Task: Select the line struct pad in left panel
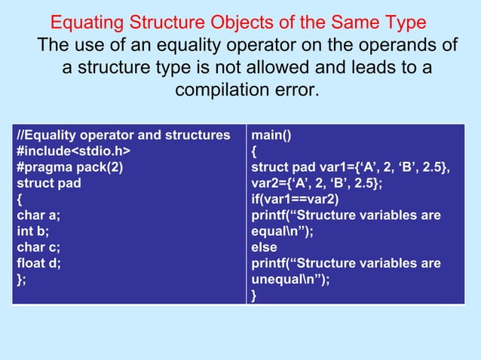tap(49, 183)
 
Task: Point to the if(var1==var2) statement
tap(295, 200)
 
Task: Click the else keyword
tap(264, 247)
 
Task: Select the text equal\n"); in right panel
tap(282, 231)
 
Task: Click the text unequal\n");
tap(290, 279)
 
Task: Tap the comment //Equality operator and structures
tap(124, 136)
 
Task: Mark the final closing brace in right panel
tap(254, 295)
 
